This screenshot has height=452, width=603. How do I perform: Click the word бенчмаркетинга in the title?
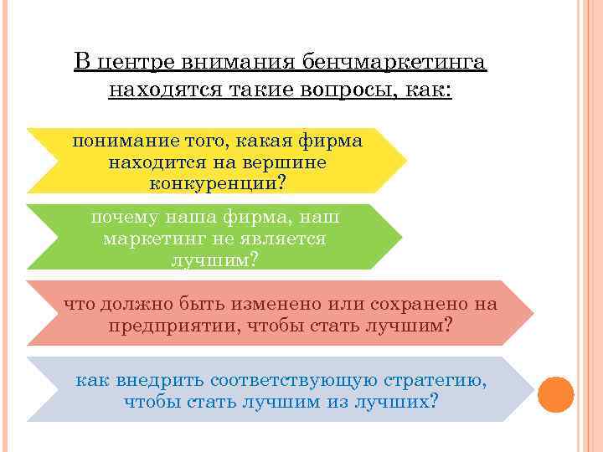[x=394, y=63]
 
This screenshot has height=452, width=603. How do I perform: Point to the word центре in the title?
[x=136, y=63]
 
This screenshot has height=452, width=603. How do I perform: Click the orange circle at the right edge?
[x=555, y=394]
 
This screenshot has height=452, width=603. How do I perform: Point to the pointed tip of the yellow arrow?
[x=406, y=160]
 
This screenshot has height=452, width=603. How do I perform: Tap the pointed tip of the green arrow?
[x=405, y=238]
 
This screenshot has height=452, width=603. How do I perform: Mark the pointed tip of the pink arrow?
[x=533, y=313]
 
